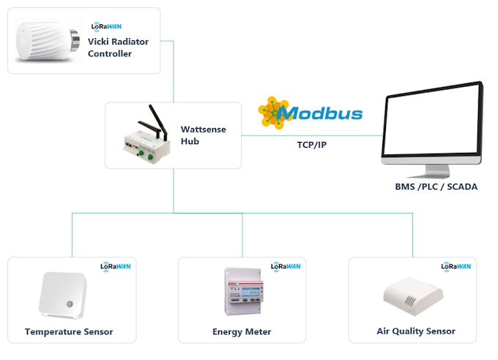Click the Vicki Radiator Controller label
(x=117, y=48)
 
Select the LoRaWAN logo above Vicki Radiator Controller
(x=106, y=26)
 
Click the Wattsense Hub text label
(x=203, y=135)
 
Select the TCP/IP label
(x=312, y=145)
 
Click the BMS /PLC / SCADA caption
(x=436, y=187)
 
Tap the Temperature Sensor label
(x=69, y=331)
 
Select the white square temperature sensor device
(x=62, y=295)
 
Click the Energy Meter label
(x=242, y=331)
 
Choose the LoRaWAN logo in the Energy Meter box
(x=286, y=266)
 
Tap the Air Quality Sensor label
(x=415, y=331)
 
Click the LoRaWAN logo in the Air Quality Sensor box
(x=456, y=266)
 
